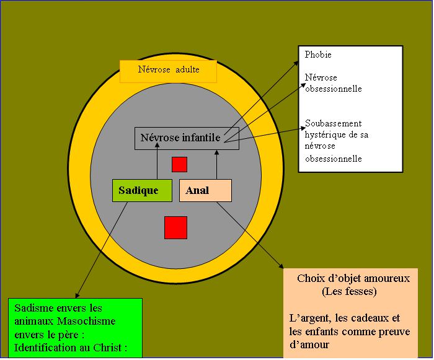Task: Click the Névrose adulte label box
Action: click(169, 71)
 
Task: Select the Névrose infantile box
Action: click(180, 138)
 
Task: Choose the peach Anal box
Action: click(205, 190)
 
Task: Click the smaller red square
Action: click(179, 164)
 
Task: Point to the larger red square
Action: click(175, 227)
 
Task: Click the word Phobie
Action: click(318, 55)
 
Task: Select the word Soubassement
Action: click(333, 123)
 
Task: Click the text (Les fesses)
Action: click(350, 291)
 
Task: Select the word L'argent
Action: click(308, 318)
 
